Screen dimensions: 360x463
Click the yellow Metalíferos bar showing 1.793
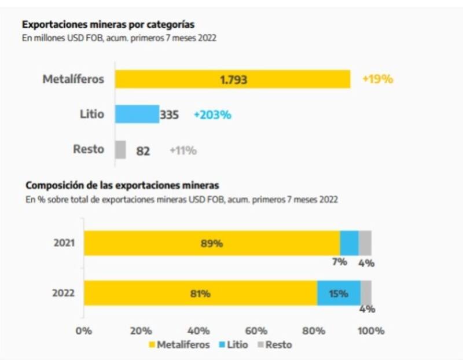[232, 79]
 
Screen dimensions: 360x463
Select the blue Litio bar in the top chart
[137, 114]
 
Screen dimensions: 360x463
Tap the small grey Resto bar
[120, 149]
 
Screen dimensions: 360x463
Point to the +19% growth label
[377, 79]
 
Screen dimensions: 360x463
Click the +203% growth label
[212, 115]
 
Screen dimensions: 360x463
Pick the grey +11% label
[183, 150]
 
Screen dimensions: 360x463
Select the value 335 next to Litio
[170, 115]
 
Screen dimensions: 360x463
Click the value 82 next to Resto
[143, 151]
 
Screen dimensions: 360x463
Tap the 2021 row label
[64, 243]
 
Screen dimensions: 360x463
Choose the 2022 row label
[64, 293]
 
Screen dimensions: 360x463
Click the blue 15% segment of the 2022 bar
[339, 293]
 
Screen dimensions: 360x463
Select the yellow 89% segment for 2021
[212, 243]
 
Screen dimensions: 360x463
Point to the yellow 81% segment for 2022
[200, 293]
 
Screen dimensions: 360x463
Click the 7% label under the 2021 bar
[339, 262]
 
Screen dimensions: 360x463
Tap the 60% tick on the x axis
[256, 331]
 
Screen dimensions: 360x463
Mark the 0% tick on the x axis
[84, 331]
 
